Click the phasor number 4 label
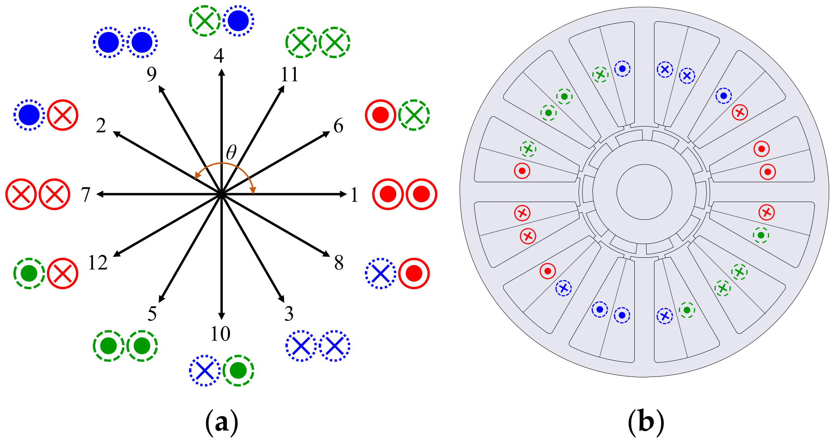[x=219, y=56]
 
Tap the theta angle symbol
[x=231, y=153]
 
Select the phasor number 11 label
[x=289, y=74]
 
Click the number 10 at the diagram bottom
[x=220, y=334]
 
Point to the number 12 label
[x=98, y=263]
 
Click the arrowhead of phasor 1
[x=343, y=194]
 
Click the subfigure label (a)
[x=222, y=423]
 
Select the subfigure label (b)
[x=646, y=423]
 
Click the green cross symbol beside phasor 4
[x=205, y=21]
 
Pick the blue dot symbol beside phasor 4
[x=238, y=21]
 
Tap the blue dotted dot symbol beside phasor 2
[x=29, y=115]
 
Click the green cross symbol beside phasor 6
[x=414, y=115]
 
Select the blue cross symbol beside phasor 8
[x=380, y=274]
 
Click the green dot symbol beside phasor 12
[x=29, y=274]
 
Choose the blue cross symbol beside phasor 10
[x=205, y=370]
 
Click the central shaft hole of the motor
[x=644, y=192]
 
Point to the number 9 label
[x=152, y=74]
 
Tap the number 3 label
[x=289, y=314]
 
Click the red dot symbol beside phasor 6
[x=380, y=115]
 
